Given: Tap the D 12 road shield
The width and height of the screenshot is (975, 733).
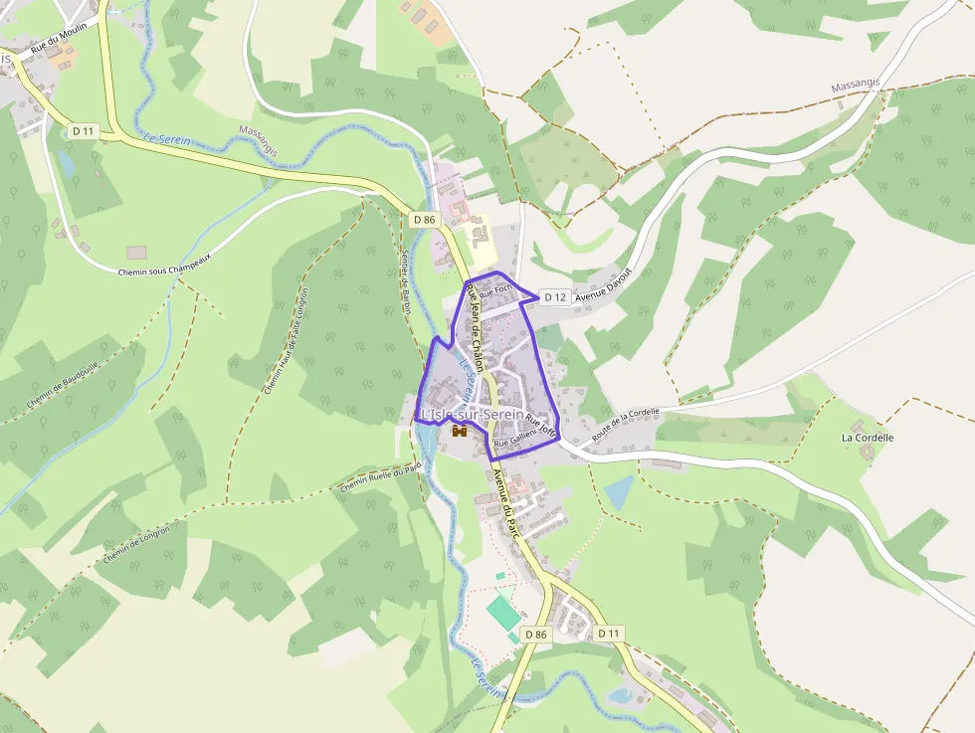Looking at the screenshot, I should pyautogui.click(x=554, y=296).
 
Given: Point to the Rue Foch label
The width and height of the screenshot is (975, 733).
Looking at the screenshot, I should pyautogui.click(x=494, y=292).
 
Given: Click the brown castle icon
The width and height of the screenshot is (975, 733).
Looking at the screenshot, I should pyautogui.click(x=460, y=431).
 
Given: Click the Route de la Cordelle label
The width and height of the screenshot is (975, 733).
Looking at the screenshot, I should pyautogui.click(x=625, y=425).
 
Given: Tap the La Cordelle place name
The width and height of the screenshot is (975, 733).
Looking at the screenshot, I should pyautogui.click(x=868, y=437).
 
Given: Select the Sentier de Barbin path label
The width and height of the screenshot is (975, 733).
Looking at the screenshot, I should pyautogui.click(x=405, y=281).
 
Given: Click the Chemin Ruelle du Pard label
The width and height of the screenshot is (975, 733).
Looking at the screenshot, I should pyautogui.click(x=380, y=479).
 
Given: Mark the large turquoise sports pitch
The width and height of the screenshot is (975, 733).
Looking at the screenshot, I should pyautogui.click(x=504, y=612).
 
